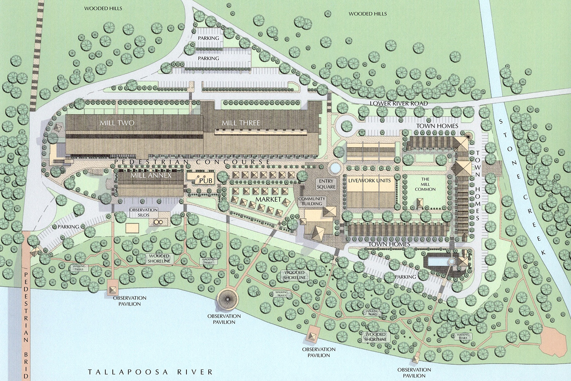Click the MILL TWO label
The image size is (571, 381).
117,123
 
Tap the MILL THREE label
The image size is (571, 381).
241,123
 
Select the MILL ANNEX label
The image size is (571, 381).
151,176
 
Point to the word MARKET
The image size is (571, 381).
268,199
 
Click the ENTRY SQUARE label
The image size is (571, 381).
326,184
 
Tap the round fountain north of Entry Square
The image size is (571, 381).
335,168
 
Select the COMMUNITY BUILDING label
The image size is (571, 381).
312,201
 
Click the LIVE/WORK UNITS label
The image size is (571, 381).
369,181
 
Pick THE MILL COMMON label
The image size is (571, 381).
425,184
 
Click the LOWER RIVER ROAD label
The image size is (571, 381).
399,104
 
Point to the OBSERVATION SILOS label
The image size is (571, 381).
144,212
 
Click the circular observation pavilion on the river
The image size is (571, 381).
227,299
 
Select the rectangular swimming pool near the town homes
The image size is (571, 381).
438,261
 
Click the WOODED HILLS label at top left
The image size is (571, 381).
103,8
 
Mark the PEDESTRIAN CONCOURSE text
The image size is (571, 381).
192,162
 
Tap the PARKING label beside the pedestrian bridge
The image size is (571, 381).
69,227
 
